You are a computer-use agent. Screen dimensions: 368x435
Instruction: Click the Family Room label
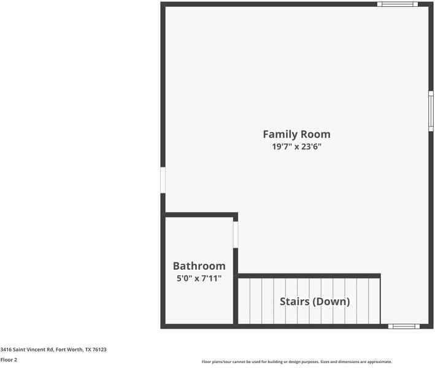(296, 134)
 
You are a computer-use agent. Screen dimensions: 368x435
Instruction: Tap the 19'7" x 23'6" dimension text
(296, 147)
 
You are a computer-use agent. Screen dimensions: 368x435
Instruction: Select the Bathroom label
(199, 266)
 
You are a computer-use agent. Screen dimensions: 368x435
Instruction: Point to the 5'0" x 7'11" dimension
(199, 278)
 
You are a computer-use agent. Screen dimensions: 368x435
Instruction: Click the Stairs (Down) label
(315, 301)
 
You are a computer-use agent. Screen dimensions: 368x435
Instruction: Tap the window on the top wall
(397, 4)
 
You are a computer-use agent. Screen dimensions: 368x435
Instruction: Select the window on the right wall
(431, 111)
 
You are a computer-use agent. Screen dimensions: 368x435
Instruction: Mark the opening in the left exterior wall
(163, 180)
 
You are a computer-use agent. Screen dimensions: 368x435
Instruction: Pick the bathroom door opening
(235, 234)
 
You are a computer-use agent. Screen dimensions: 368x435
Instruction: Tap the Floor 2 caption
(9, 360)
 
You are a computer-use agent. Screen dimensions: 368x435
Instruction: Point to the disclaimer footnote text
(296, 362)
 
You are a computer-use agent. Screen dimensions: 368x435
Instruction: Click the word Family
(280, 134)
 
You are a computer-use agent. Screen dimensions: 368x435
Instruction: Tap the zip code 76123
(99, 350)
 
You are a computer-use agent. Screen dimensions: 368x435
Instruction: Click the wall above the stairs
(309, 276)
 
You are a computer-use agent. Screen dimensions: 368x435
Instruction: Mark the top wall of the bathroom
(201, 215)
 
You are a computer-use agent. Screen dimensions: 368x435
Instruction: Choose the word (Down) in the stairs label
(331, 301)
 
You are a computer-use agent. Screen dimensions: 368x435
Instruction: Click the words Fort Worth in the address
(69, 350)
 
